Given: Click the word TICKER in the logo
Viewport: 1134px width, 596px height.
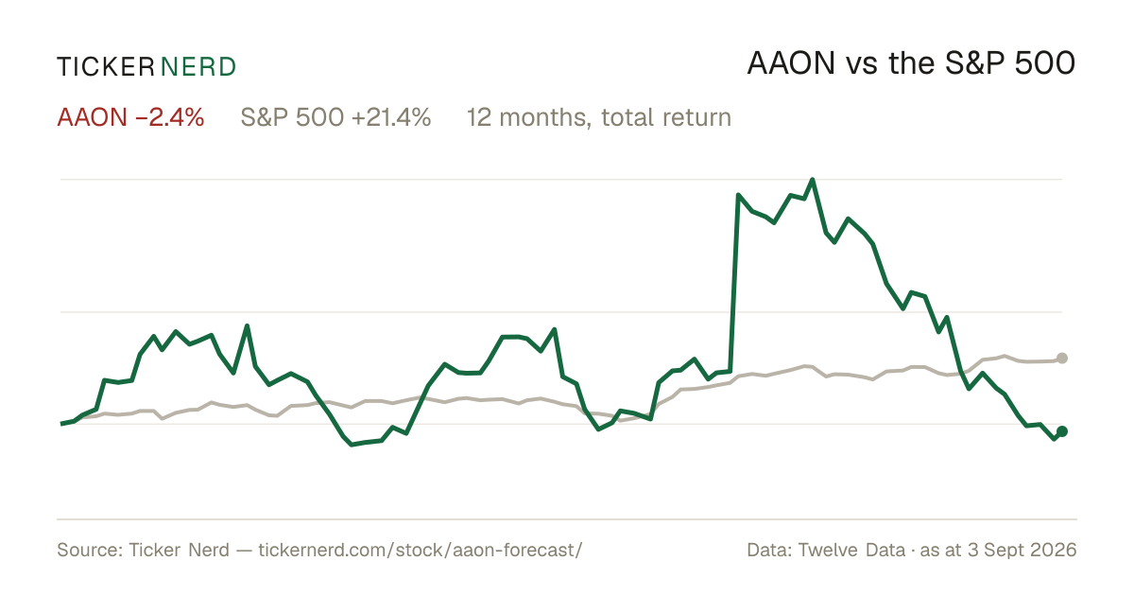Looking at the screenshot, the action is click(106, 67).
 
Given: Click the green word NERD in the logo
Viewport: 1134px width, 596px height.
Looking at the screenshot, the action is click(198, 67).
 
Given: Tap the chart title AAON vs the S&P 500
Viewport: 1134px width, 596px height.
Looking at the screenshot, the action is click(911, 63).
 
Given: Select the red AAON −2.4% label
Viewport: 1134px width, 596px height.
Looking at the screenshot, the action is click(130, 117).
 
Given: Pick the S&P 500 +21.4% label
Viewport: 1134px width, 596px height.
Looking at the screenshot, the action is click(335, 117).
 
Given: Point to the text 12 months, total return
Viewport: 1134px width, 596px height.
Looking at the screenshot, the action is click(599, 118).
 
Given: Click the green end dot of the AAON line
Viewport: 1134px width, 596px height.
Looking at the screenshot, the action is click(1062, 431).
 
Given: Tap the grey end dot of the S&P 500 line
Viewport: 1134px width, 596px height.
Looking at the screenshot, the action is click(1062, 359).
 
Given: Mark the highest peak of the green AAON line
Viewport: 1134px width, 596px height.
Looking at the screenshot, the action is click(813, 180).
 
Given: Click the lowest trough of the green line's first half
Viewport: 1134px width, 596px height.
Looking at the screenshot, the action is click(352, 445).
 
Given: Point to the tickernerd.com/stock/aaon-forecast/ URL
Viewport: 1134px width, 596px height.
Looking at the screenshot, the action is click(421, 550).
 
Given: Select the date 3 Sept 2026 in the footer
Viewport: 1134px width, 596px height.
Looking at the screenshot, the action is click(1022, 550).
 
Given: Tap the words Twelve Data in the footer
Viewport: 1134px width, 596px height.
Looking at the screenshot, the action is click(851, 550).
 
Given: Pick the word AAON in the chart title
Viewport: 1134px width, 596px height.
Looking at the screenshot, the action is click(791, 63).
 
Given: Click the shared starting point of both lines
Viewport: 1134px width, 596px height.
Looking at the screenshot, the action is click(61, 423).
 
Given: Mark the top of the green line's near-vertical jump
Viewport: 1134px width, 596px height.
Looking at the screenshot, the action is click(738, 195).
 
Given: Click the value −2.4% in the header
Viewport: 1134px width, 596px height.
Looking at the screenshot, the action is click(169, 117).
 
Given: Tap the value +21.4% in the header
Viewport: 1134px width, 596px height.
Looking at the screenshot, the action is click(391, 117).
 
